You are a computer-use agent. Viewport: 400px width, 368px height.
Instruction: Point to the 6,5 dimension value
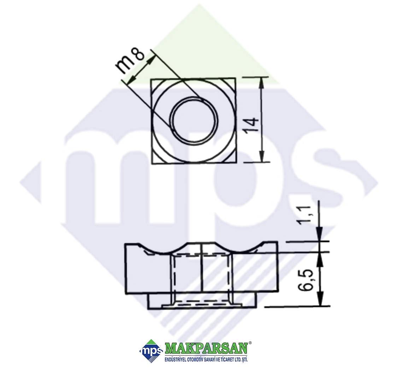pyautogui.click(x=306, y=280)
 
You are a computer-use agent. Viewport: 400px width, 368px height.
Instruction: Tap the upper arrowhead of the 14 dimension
pyautogui.click(x=262, y=83)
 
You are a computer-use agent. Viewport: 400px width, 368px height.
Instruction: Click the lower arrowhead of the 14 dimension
pyautogui.click(x=262, y=156)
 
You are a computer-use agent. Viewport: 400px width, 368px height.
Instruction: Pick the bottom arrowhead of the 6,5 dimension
pyautogui.click(x=320, y=299)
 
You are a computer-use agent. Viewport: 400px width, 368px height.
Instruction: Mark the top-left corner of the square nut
pyautogui.click(x=152, y=79)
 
